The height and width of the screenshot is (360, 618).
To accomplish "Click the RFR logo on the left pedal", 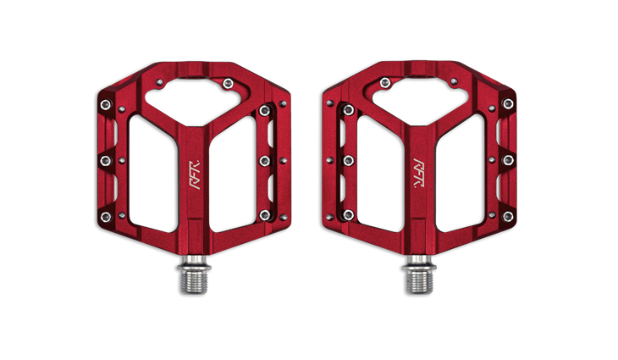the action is click(x=195, y=174).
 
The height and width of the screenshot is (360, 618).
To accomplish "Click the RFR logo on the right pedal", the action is click(x=419, y=174).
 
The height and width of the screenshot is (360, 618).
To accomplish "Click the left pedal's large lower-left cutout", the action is click(x=153, y=174).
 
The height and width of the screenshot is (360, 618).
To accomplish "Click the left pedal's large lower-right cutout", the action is click(x=233, y=174).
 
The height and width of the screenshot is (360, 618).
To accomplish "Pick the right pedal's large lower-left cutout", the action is click(x=380, y=174).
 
